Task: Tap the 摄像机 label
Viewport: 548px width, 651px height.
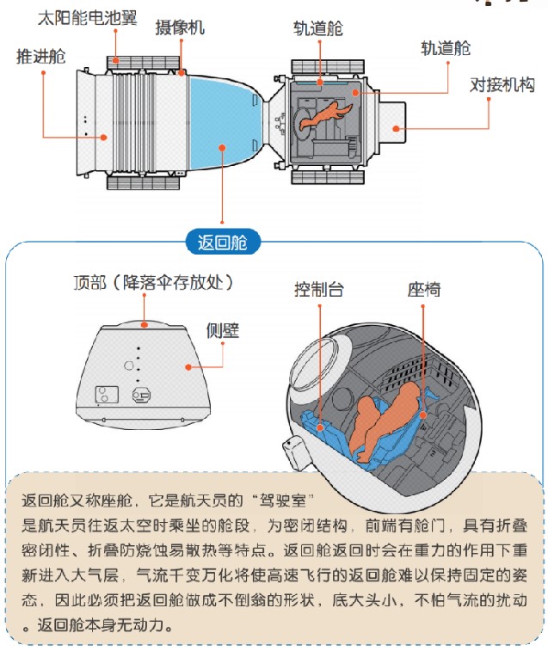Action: (x=180, y=28)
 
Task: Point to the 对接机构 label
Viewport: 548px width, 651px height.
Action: (x=503, y=84)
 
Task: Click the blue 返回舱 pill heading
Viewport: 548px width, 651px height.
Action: (x=222, y=243)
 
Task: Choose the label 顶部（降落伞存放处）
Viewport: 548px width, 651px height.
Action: (x=154, y=282)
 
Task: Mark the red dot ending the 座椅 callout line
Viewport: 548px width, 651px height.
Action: (x=423, y=416)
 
